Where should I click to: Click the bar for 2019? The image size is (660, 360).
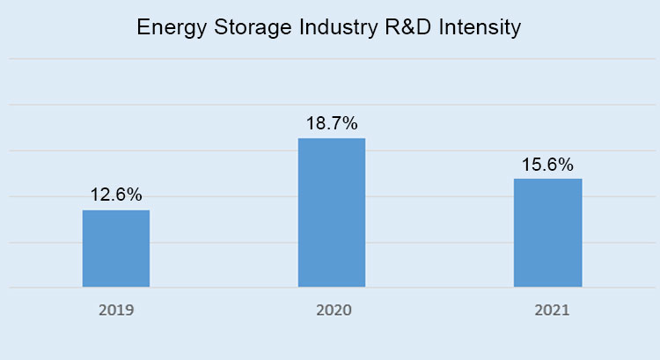(116, 248)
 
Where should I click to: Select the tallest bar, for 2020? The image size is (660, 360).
(332, 212)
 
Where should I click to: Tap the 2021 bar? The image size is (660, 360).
(547, 232)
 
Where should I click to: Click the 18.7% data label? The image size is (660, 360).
(332, 124)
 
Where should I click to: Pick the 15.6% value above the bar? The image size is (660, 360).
(547, 165)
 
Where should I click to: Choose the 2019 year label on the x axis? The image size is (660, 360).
(116, 311)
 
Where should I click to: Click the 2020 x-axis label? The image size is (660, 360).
(332, 311)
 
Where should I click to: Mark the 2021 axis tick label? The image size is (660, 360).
(547, 311)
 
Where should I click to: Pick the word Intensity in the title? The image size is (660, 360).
(479, 28)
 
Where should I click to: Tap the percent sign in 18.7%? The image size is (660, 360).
(349, 124)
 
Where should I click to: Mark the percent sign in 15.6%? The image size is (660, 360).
(565, 165)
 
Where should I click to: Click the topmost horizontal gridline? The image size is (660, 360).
(330, 59)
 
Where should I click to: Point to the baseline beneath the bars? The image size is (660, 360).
(330, 287)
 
